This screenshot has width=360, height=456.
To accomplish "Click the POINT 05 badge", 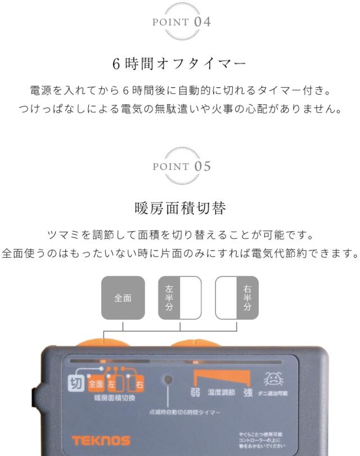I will pos(180,167).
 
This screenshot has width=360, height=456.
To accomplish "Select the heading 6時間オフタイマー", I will pos(180,64).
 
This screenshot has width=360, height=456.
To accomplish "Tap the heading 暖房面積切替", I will pos(180,209).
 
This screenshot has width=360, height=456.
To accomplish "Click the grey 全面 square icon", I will pos(123,297).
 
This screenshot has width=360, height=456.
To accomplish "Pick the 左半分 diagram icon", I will pos(179,297).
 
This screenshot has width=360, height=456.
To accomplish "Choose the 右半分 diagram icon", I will pos(237,297).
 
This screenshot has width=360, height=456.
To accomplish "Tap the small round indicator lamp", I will pos(167,379).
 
